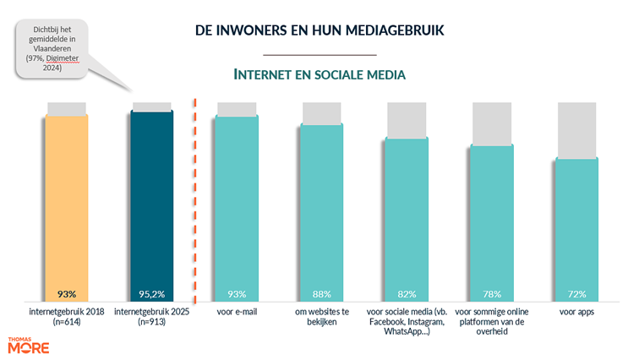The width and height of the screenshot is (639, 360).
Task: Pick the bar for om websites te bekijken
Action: (x=322, y=211)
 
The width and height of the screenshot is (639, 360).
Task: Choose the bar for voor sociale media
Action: (x=407, y=215)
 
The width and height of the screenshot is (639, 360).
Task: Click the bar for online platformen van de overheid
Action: (x=492, y=220)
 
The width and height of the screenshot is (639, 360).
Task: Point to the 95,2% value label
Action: (x=152, y=294)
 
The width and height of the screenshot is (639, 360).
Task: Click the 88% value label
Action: (x=322, y=294)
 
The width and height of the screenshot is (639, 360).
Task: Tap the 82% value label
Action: (x=407, y=294)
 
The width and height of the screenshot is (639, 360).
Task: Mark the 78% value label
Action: (x=492, y=294)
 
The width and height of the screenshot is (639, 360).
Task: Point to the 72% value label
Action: (x=577, y=294)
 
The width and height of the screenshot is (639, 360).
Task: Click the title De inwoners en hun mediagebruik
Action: (x=319, y=31)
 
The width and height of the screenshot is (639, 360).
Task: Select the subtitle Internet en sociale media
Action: (x=319, y=74)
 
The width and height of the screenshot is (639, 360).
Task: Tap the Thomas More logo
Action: (x=28, y=345)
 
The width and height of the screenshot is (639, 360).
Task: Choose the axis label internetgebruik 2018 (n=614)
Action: (x=67, y=316)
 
